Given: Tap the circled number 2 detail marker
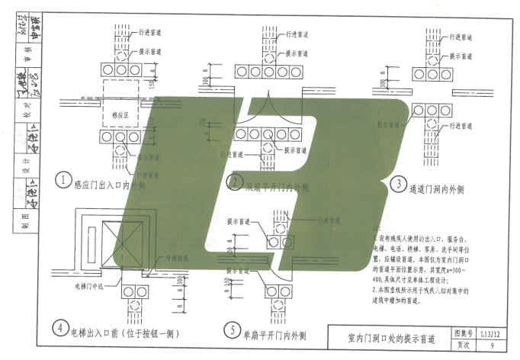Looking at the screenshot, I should (233, 181).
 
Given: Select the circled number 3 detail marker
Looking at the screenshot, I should (399, 183).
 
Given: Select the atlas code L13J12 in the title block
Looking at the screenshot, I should (490, 333).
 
